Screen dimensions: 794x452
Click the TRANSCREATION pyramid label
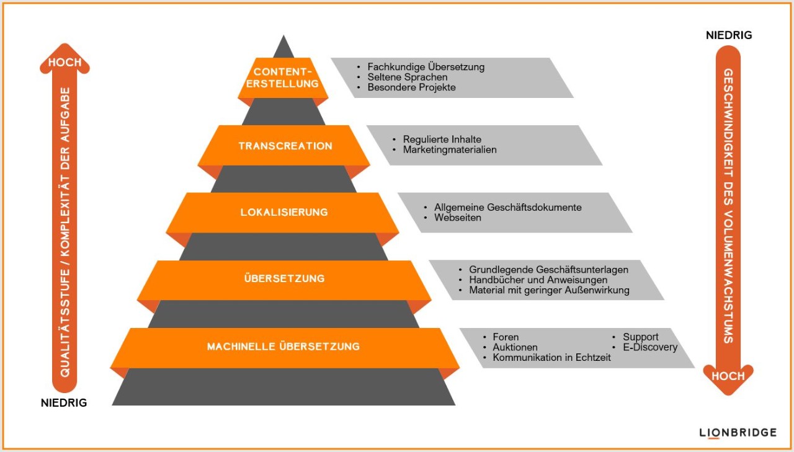[285, 146]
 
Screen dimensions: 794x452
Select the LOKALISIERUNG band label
[284, 212]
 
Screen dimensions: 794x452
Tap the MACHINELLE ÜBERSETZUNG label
[283, 346]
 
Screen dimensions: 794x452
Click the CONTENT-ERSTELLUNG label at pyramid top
[282, 78]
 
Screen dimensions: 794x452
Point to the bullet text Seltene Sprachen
[408, 78]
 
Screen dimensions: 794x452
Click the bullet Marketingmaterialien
[450, 150]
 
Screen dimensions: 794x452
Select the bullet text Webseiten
[458, 218]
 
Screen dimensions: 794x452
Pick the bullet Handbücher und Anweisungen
[538, 280]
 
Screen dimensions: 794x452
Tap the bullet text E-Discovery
[650, 347]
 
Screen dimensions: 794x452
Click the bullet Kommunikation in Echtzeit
[551, 357]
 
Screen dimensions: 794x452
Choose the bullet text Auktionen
[515, 347]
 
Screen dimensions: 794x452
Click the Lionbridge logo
[738, 433]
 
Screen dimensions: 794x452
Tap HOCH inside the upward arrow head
[65, 63]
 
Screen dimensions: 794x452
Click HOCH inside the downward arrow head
[728, 376]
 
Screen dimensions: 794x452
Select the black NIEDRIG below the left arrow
[64, 403]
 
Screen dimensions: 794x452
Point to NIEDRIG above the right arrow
[729, 35]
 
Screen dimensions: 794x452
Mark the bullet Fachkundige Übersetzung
[426, 67]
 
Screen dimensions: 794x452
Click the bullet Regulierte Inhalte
[442, 140]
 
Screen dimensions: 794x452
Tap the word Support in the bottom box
[641, 337]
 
